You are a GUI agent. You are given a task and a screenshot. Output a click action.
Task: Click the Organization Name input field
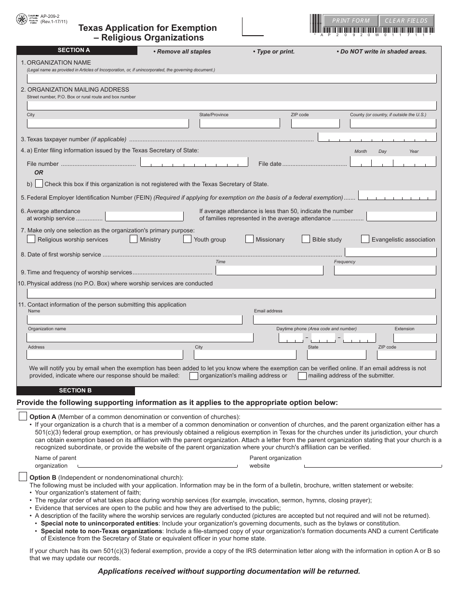coord(231,79)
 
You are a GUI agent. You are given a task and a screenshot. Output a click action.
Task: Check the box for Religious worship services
coord(31,239)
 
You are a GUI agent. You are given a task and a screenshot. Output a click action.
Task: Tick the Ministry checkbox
coord(134,239)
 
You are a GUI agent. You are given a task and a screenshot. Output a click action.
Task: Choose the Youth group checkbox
coord(188,239)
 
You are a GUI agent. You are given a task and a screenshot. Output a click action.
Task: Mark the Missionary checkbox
coord(249,239)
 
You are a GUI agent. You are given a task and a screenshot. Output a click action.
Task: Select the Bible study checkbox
coord(306,239)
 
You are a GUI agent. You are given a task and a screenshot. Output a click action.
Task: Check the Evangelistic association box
coord(365,239)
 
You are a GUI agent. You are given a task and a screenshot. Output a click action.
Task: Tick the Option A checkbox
coord(23,416)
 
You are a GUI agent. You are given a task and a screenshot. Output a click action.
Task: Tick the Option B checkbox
coord(23,477)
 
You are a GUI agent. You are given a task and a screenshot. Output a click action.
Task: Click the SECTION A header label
coord(74,50)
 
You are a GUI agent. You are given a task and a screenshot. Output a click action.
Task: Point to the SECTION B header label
coord(75,391)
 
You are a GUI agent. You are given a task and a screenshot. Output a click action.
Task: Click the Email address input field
coord(345,319)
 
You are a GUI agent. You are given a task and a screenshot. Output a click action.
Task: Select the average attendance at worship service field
coord(144,216)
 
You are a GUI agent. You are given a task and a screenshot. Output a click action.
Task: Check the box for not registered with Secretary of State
coord(39,184)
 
